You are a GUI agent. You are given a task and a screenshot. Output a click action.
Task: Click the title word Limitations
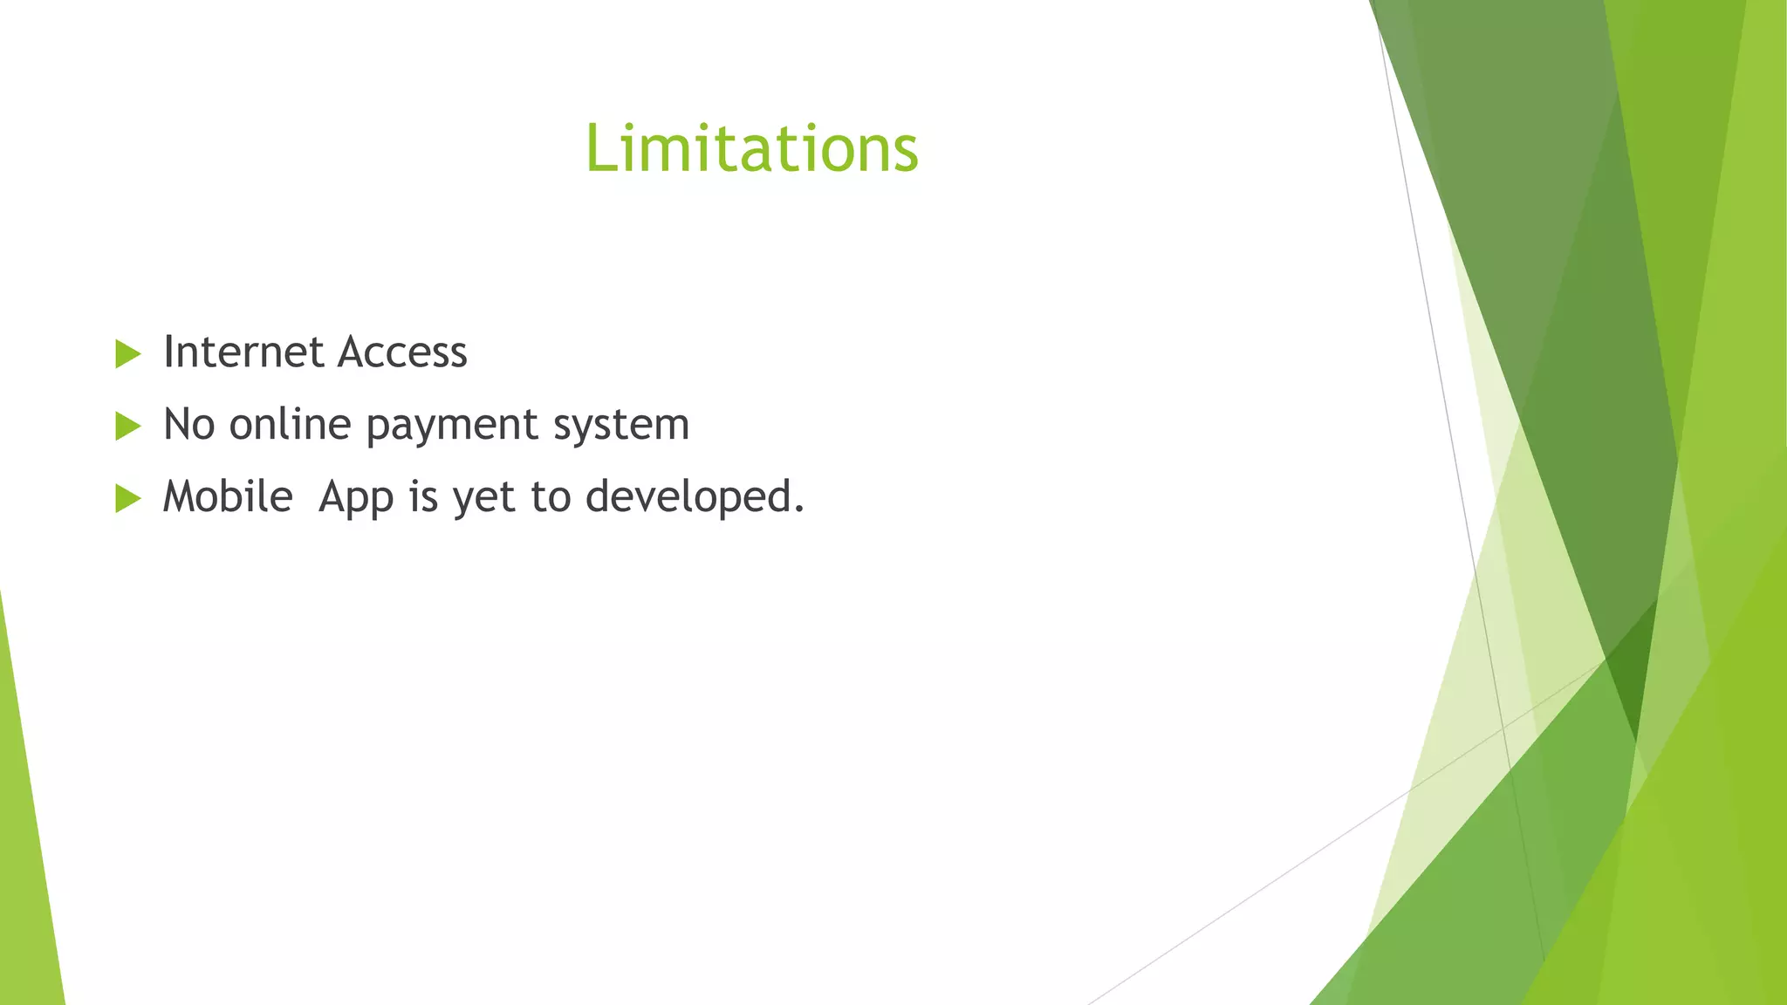click(x=751, y=148)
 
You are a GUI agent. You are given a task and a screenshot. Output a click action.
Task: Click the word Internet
click(x=243, y=352)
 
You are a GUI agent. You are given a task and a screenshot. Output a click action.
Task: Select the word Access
click(x=402, y=352)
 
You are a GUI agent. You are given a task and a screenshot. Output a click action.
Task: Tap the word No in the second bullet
click(x=188, y=425)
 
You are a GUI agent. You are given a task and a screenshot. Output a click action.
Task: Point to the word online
click(x=290, y=425)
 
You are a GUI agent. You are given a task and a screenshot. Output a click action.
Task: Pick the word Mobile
click(x=228, y=497)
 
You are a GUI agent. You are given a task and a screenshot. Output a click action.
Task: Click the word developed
click(x=688, y=498)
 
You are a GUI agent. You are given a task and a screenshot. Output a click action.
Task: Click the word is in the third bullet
click(x=423, y=497)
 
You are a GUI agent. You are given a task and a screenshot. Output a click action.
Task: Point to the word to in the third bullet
click(x=551, y=498)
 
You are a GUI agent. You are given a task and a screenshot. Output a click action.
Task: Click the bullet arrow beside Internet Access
click(x=127, y=354)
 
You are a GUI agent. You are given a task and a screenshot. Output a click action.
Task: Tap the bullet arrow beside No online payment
click(x=127, y=427)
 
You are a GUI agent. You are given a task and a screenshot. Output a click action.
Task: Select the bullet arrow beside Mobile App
click(x=127, y=499)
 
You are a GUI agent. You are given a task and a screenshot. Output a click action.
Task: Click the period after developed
click(x=798, y=509)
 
